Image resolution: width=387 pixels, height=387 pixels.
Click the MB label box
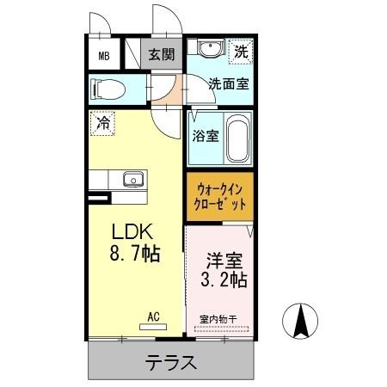pos(104,57)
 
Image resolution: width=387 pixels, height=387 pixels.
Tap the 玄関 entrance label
pos(160,55)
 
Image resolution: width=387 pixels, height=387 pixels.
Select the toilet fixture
pos(108,89)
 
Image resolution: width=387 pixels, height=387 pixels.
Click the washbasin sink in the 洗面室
pos(208,49)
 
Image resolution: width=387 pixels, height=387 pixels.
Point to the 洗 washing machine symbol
pos(242,52)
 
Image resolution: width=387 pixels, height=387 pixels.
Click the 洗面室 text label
pos(230,84)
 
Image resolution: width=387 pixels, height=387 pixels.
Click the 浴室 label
pos(205,135)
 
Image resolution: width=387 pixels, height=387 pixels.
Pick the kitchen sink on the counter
pos(132,180)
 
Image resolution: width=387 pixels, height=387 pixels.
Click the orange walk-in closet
pos(219,197)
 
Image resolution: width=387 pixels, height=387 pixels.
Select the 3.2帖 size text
pos(224,279)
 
